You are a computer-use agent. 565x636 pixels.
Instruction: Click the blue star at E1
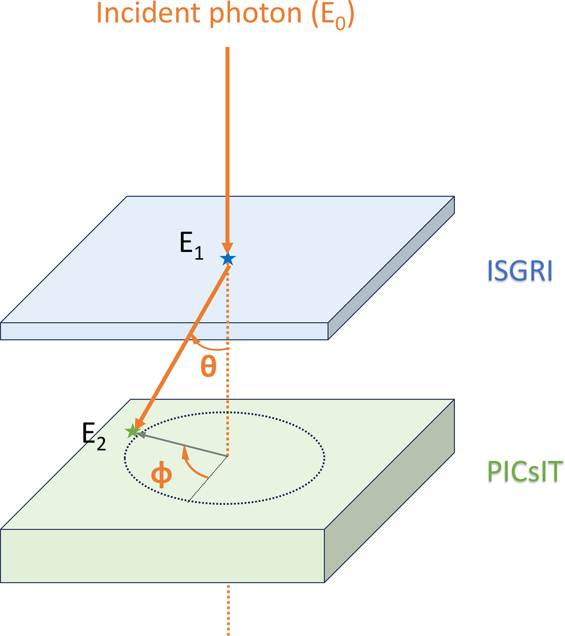tap(228, 259)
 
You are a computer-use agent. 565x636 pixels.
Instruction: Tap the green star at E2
tap(132, 431)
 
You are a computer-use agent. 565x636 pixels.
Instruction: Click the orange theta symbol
tap(208, 368)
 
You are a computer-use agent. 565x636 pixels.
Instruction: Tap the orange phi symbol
tap(161, 476)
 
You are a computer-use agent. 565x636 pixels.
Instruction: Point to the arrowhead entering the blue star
tap(228, 248)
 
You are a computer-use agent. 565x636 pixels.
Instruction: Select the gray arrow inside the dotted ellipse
tap(184, 445)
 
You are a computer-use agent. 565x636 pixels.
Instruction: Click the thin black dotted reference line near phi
tap(207, 480)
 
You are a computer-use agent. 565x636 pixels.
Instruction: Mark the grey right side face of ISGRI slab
tap(391, 269)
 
